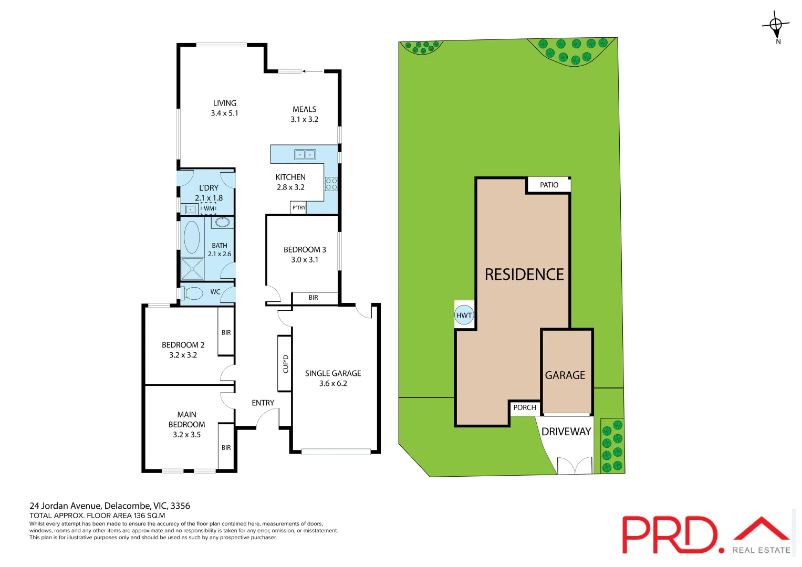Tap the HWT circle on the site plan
coord(464,315)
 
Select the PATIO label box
coord(549,185)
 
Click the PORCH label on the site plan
coord(525,407)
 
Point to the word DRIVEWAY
coord(566,432)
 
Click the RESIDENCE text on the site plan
coord(524,275)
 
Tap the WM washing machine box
coord(209,208)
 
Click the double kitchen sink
coord(305,154)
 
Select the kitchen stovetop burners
coord(331,184)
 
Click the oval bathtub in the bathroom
coord(192,237)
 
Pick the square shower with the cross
coord(192,269)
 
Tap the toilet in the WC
coord(192,293)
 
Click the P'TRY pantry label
coord(299,208)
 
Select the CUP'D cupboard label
coord(285,364)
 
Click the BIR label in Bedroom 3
coord(314,298)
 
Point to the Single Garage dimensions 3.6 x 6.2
coord(333,384)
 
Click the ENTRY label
coord(263,403)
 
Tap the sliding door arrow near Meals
coord(313,71)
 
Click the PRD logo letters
coord(670,534)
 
